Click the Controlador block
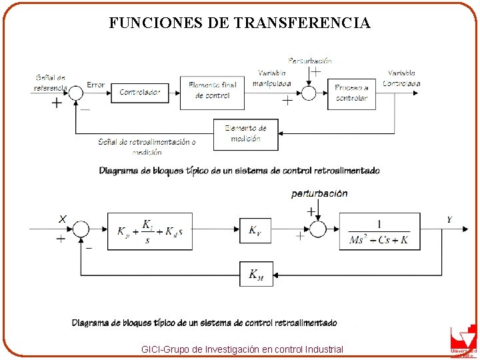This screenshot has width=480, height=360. coord(140,93)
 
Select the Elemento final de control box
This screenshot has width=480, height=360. coord(212,92)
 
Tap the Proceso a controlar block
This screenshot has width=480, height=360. coord(351,93)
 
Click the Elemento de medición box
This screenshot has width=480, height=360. coord(245,134)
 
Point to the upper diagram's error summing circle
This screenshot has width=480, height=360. coord(77,93)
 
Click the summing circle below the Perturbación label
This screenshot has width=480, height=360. coord(309,93)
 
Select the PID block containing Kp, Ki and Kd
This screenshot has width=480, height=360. coord(150,231)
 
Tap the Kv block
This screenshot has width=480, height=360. coord(256,231)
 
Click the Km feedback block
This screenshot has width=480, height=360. coord(256,274)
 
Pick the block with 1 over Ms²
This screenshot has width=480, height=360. coord(379,231)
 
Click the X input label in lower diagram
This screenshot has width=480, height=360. coord(62,219)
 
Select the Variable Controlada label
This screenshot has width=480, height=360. coord(401,78)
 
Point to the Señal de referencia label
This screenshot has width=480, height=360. coord(51,83)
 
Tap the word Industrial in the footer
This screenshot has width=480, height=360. coord(323,349)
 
